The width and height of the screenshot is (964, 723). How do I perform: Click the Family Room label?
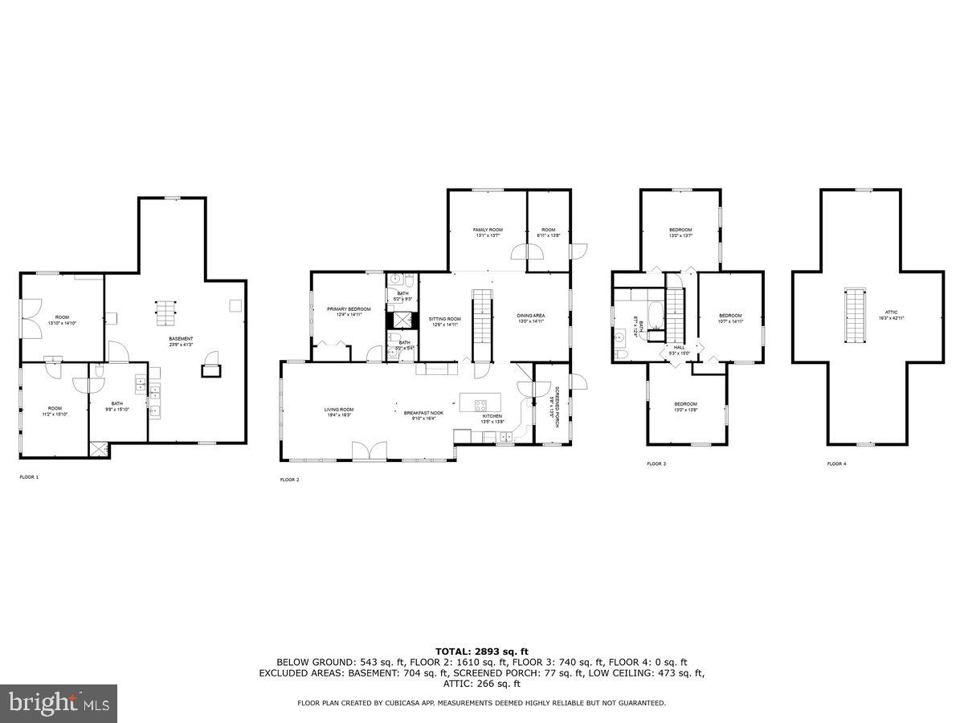click(x=488, y=232)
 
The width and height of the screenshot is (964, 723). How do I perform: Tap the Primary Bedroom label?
click(x=349, y=312)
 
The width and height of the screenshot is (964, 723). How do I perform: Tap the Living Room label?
click(x=338, y=412)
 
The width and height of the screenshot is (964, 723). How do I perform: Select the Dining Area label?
click(x=530, y=318)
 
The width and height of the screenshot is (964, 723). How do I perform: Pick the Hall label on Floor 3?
click(x=680, y=349)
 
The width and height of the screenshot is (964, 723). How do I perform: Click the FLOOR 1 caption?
click(x=29, y=477)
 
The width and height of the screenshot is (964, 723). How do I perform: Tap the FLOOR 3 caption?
click(x=656, y=464)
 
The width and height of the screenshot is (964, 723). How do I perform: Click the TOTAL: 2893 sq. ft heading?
click(x=482, y=652)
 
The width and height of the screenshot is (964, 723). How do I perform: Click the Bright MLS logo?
click(x=59, y=703)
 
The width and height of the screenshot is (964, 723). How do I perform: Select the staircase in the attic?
click(x=852, y=315)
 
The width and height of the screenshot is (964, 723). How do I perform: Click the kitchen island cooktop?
click(x=480, y=404)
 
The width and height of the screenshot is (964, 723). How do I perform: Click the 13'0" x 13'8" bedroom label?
click(x=685, y=406)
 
